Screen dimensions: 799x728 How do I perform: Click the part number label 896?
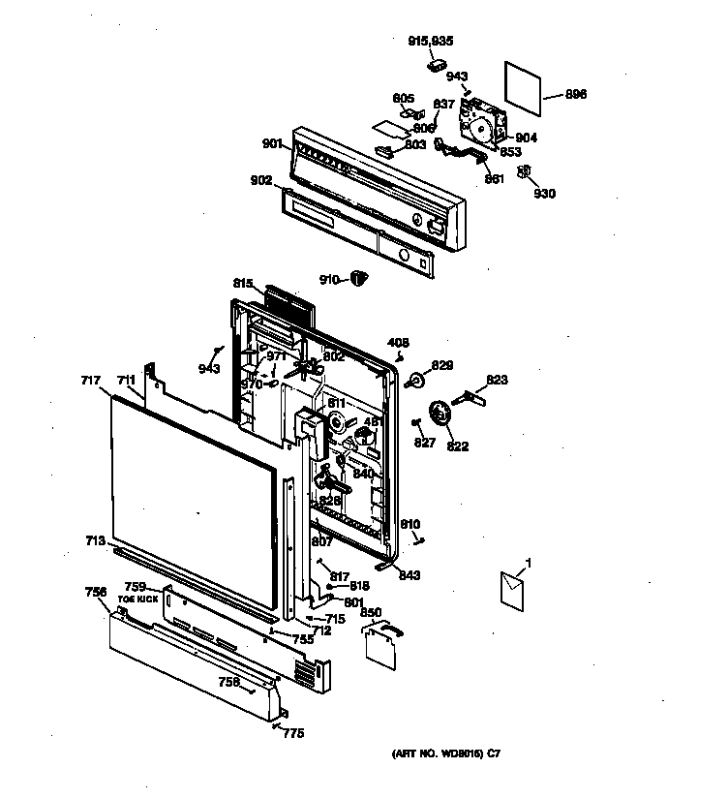pyautogui.click(x=576, y=95)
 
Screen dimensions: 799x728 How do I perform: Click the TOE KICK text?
pyautogui.click(x=136, y=600)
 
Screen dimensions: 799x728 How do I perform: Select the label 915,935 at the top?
pyautogui.click(x=431, y=41)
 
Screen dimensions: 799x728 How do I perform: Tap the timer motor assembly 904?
pyautogui.click(x=481, y=124)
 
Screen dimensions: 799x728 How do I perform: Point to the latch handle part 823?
pyautogui.click(x=477, y=395)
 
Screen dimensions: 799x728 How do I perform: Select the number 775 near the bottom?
pyautogui.click(x=292, y=733)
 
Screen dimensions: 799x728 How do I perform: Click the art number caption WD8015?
pyautogui.click(x=446, y=753)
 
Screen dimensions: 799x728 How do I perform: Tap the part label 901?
pyautogui.click(x=272, y=144)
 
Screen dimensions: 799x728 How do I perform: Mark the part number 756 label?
pyautogui.click(x=95, y=591)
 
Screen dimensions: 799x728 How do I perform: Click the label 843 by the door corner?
pyautogui.click(x=409, y=576)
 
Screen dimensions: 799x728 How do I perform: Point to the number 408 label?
pyautogui.click(x=398, y=342)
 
